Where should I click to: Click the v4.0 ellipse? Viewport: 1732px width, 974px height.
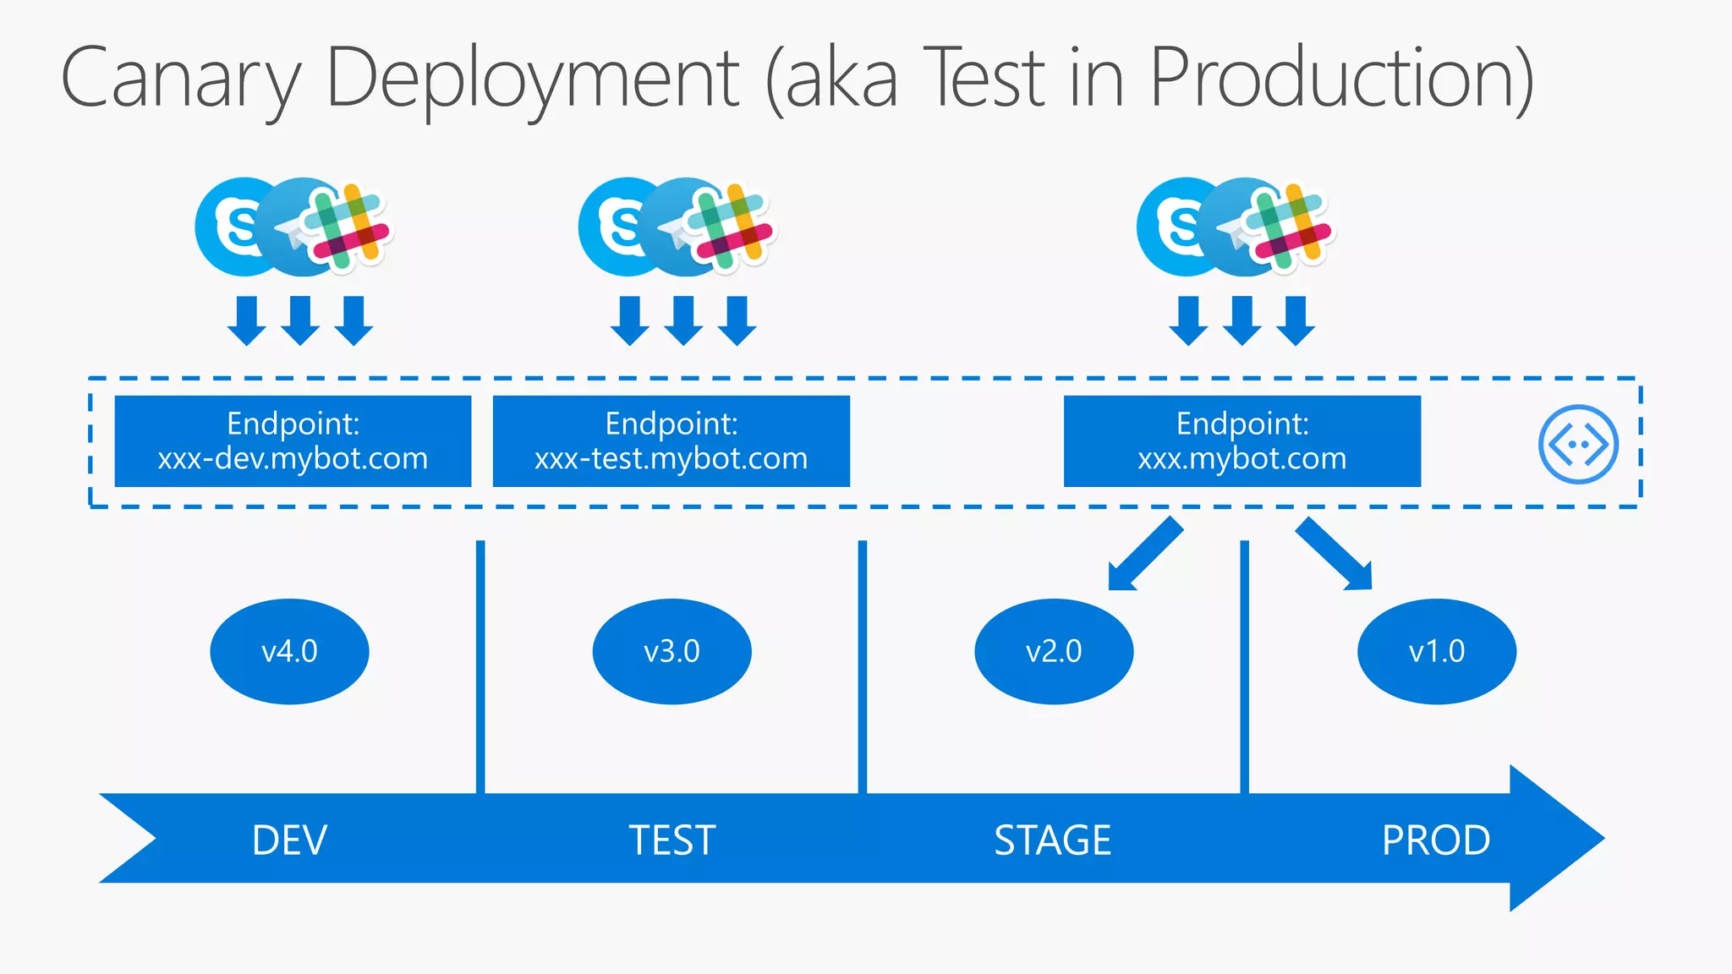pos(289,651)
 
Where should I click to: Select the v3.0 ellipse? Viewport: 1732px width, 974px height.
pos(671,651)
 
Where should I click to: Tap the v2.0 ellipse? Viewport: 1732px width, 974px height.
pos(1054,651)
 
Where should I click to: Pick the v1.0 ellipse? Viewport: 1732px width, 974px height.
pos(1436,651)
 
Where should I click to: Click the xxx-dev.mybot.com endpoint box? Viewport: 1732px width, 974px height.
pos(293,441)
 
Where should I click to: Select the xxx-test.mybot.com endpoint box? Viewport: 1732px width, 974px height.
pos(671,441)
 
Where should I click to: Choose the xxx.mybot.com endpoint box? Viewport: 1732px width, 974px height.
pos(1241,441)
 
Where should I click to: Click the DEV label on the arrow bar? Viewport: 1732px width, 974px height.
pos(289,840)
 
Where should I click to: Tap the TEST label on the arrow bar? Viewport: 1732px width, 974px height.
pos(671,840)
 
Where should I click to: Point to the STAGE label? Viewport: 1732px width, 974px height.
pos(1052,840)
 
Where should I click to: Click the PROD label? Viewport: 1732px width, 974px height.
pos(1435,840)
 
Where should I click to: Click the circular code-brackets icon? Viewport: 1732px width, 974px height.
pos(1578,444)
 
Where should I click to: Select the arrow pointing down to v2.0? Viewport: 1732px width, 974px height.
pos(1144,555)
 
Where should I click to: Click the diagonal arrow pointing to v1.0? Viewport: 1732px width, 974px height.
pos(1335,555)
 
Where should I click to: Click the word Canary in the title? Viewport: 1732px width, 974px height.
pos(180,79)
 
